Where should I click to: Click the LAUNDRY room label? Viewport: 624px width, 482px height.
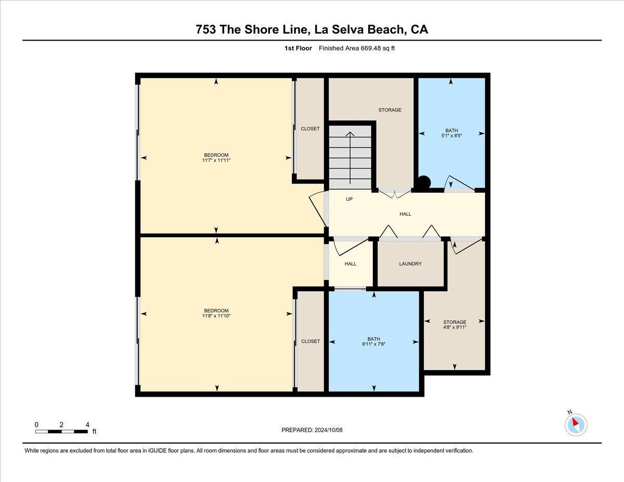[x=410, y=264]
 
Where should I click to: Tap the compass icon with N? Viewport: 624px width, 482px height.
[x=576, y=424]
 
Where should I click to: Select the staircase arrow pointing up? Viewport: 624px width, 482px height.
[x=350, y=156]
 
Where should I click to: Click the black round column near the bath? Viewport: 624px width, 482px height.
[x=424, y=183]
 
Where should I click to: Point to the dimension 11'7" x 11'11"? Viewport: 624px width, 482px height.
[x=216, y=161]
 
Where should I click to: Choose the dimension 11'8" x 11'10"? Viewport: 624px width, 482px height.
[x=216, y=316]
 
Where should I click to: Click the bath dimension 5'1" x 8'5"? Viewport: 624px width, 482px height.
[x=451, y=136]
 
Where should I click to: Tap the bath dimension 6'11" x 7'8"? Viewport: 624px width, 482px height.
[x=374, y=344]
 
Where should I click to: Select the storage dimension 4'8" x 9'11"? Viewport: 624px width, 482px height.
[x=454, y=328]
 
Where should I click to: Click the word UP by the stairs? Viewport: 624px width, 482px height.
[x=349, y=199]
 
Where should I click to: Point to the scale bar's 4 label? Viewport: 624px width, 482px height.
[x=87, y=425]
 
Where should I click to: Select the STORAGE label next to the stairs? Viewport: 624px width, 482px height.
[x=389, y=110]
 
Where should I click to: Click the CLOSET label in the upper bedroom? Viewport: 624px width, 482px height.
[x=310, y=128]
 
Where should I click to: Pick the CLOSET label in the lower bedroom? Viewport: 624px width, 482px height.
[x=310, y=342]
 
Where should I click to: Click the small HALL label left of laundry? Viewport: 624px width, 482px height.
[x=350, y=264]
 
